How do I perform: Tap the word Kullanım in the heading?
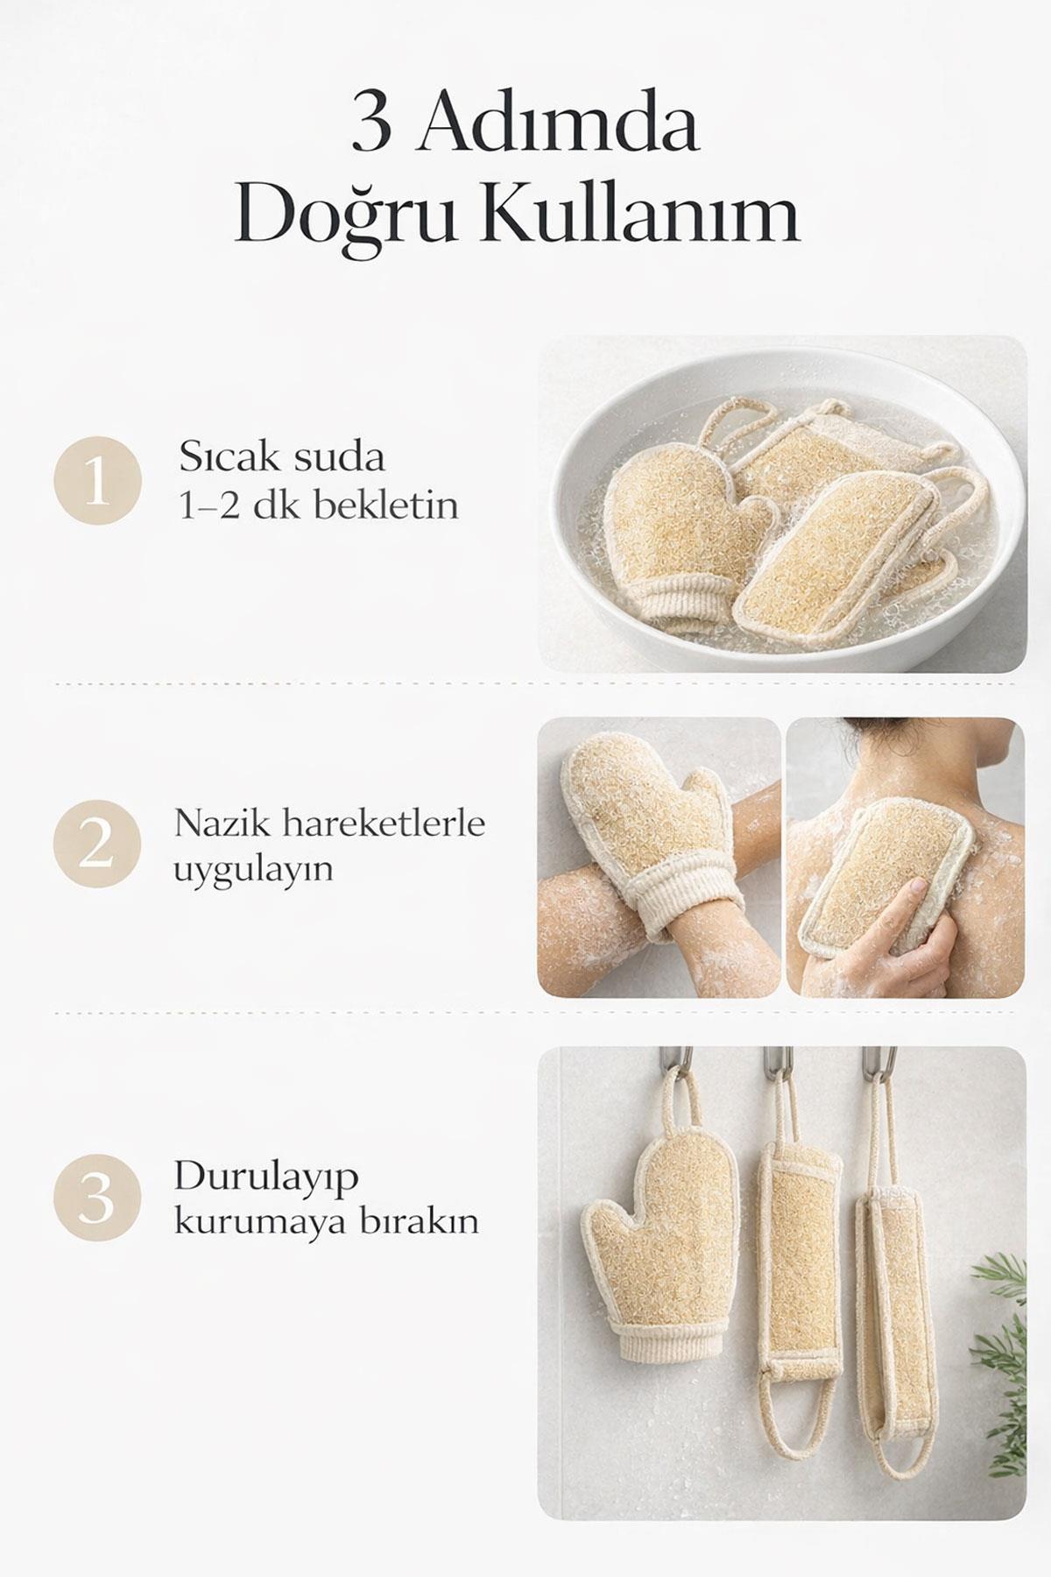640,216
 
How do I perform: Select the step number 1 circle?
97,480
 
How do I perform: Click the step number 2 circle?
97,845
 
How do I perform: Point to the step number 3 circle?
97,1197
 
